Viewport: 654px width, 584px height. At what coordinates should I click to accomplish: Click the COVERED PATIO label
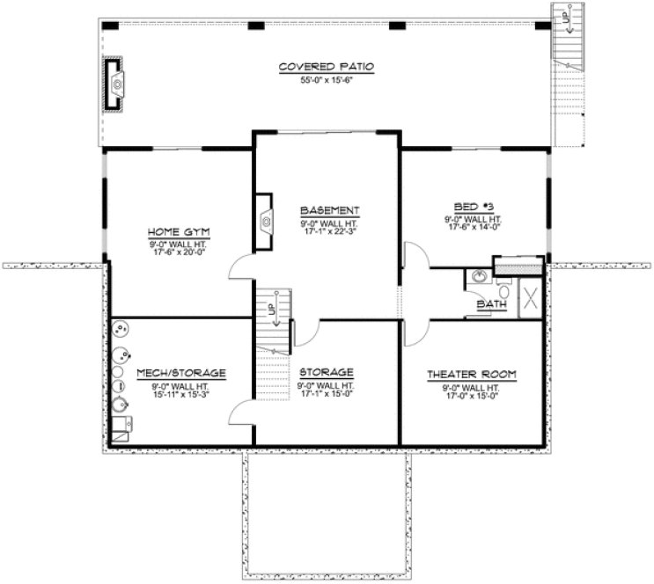click(327, 67)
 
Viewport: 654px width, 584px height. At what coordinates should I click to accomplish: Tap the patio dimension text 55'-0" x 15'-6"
click(327, 79)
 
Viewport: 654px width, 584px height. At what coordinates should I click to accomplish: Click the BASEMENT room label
click(329, 210)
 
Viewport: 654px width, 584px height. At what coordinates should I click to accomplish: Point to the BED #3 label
click(472, 208)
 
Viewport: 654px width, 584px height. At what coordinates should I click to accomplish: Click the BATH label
click(489, 304)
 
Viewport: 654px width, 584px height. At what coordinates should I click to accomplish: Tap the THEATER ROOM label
click(471, 374)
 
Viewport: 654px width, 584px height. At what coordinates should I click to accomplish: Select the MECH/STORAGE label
click(182, 373)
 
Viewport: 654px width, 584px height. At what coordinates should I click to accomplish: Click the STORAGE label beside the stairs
click(327, 372)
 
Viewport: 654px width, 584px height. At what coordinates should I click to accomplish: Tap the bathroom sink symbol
click(478, 276)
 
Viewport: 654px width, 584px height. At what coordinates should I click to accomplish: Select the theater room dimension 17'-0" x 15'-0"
click(471, 395)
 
